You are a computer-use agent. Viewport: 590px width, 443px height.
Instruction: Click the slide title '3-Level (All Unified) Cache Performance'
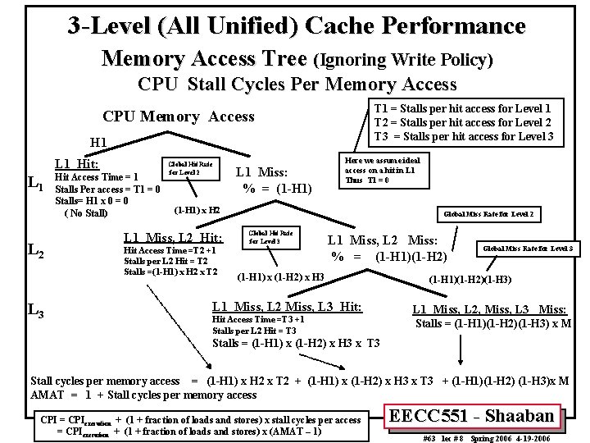tap(296, 25)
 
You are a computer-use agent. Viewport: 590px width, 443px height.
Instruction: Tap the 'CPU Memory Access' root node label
tap(178, 116)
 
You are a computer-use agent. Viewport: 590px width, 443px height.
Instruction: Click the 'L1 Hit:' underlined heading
tap(76, 164)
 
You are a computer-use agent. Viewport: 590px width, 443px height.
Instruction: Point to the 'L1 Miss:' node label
tap(261, 172)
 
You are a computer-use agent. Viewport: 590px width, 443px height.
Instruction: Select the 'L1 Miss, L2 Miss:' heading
tap(383, 240)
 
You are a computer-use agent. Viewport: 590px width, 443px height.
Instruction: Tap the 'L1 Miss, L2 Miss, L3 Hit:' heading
tap(287, 306)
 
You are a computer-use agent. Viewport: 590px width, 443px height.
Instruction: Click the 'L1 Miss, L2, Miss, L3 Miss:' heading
tap(488, 308)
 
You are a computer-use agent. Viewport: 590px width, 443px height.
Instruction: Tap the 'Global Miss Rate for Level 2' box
tap(488, 214)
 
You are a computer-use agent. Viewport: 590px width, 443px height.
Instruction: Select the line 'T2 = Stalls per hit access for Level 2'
tap(462, 121)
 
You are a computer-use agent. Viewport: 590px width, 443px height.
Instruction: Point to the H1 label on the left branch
tap(99, 142)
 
